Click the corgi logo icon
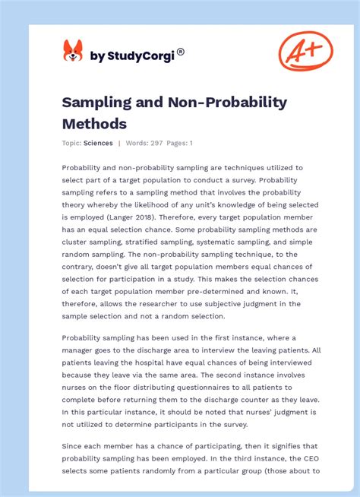[x=73, y=52]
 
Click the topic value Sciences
[x=99, y=143]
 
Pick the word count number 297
[x=157, y=143]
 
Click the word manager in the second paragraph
[x=79, y=350]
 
